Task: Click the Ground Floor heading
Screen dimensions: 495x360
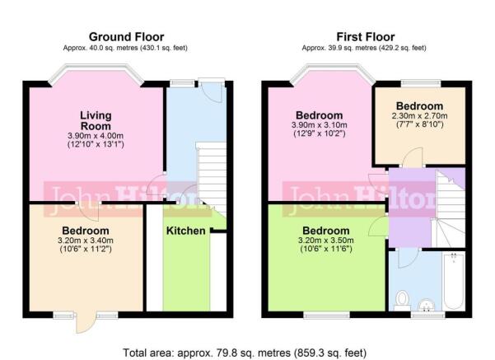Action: click(126, 37)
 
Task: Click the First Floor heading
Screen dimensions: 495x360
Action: click(365, 37)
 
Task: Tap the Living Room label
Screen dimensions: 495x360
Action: click(96, 120)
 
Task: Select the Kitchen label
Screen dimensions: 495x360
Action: click(185, 231)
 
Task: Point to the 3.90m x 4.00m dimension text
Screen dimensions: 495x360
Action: click(96, 136)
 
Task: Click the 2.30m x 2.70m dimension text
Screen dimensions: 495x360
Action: click(419, 115)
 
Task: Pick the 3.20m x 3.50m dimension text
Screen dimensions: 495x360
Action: click(326, 241)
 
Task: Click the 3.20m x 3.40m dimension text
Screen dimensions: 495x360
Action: click(86, 241)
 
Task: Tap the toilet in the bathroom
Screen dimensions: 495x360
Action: click(402, 301)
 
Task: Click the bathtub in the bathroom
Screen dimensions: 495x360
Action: click(454, 281)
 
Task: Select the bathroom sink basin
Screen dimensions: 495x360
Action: click(426, 305)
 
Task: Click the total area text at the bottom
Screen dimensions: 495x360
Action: click(245, 353)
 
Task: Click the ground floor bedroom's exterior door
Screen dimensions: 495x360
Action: click(86, 323)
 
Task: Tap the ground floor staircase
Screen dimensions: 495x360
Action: click(212, 177)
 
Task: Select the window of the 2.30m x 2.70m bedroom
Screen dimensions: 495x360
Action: click(421, 83)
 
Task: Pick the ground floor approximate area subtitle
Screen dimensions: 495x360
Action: click(125, 48)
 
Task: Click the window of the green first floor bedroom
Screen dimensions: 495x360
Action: click(326, 315)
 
